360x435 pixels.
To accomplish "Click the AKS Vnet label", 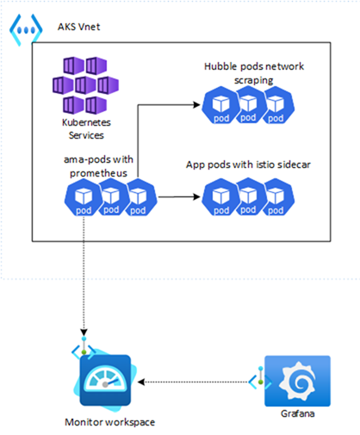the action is pos(79,27).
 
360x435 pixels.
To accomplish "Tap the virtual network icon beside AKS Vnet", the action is pos(26,29).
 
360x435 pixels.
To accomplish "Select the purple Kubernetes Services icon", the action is pos(85,85).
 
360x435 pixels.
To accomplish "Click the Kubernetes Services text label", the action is pos(86,128).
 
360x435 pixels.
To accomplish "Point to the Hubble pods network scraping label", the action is pos(254,73).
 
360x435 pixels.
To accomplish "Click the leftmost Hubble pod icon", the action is pos(220,105).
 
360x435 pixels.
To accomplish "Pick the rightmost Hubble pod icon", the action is pos(277,105).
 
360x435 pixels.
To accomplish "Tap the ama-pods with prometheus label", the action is pos(98,166).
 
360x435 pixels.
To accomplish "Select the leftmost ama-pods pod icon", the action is pos(84,197).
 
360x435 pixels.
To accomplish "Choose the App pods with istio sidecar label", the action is pos(248,165).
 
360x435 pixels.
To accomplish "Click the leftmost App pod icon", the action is pos(220,197).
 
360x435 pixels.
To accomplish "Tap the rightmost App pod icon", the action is pos(277,197).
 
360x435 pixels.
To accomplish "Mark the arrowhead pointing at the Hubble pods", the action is pos(197,105).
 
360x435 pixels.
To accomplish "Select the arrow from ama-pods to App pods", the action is pos(179,197).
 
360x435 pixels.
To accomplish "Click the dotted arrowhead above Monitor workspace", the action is pos(84,332).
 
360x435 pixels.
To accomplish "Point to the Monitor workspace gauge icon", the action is pos(105,380).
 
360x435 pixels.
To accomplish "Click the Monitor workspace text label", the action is pos(109,422).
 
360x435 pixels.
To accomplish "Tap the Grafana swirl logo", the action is pos(297,381).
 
